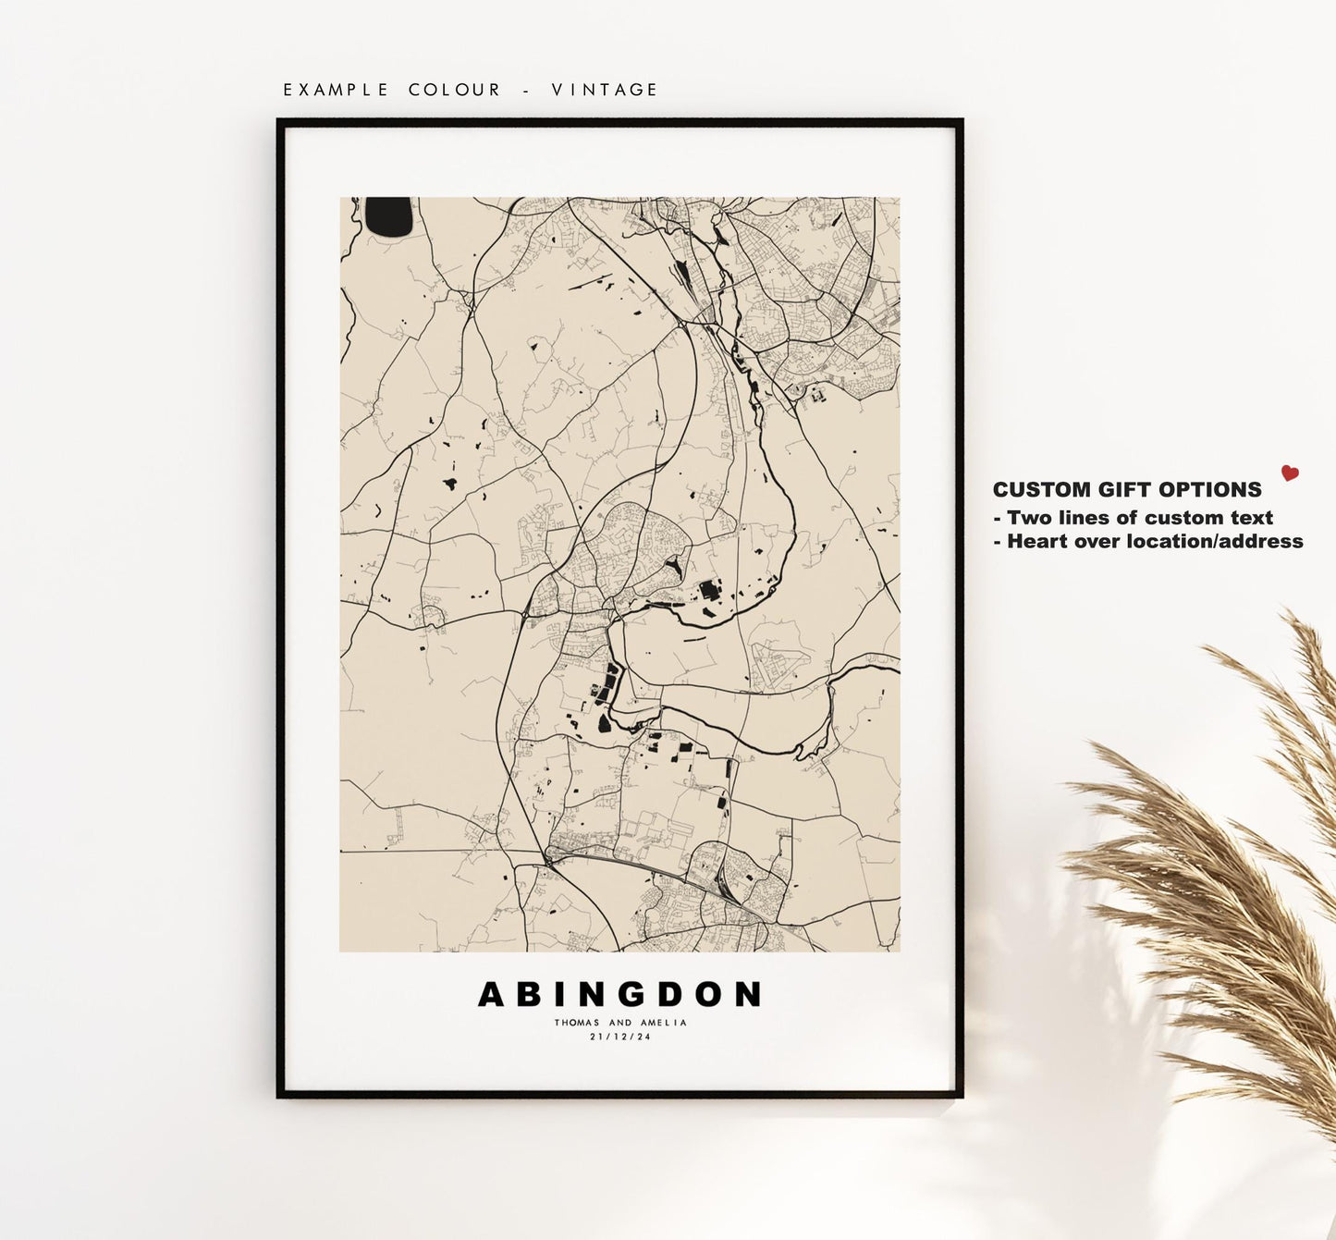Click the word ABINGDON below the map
pyautogui.click(x=619, y=995)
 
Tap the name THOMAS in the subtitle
pyautogui.click(x=577, y=1023)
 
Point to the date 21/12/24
pyautogui.click(x=620, y=1037)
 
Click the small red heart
pyautogui.click(x=1290, y=473)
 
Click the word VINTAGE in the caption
pyautogui.click(x=605, y=90)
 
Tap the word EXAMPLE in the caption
pyautogui.click(x=337, y=90)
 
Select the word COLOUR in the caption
pyautogui.click(x=455, y=90)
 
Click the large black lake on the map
pyautogui.click(x=388, y=216)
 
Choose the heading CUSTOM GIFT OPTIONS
pyautogui.click(x=1127, y=490)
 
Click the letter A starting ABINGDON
pyautogui.click(x=492, y=995)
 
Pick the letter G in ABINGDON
pyautogui.click(x=621, y=995)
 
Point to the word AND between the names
pyautogui.click(x=620, y=1023)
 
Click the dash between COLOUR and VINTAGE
pyautogui.click(x=527, y=90)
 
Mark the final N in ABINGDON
pyautogui.click(x=748, y=995)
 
